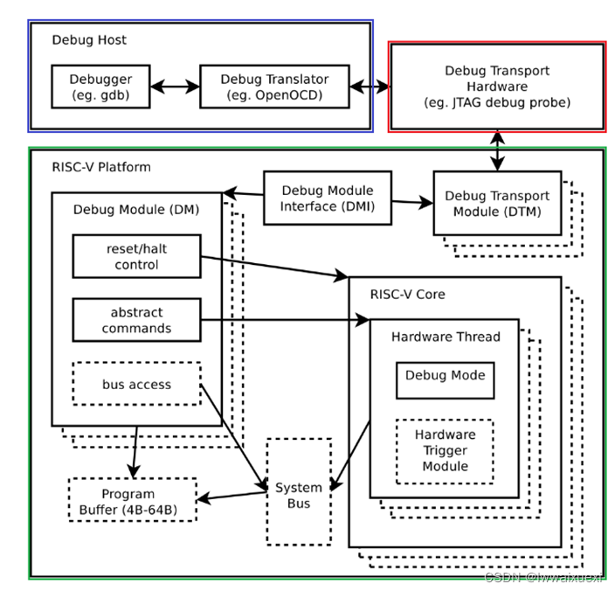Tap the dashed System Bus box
coord(299,494)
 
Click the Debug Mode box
coord(446,378)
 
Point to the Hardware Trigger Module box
coord(445,450)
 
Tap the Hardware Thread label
coord(446,337)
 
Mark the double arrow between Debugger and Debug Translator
coord(171,87)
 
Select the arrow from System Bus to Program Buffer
coord(231,497)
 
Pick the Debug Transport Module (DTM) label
coord(497,204)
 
